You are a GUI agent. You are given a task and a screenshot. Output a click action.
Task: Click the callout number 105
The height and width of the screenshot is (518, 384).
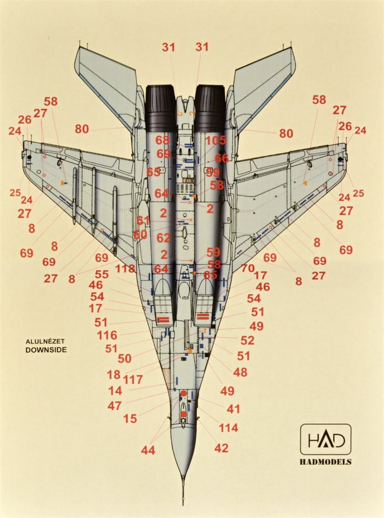click(216, 141)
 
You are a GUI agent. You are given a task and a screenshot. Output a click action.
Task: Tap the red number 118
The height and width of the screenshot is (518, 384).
click(125, 269)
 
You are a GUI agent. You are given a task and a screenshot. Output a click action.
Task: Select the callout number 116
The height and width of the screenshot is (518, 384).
click(107, 336)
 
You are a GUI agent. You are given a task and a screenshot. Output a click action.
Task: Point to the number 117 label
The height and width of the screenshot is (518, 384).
click(133, 380)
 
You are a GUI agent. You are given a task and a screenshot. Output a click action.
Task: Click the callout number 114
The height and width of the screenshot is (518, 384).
click(228, 428)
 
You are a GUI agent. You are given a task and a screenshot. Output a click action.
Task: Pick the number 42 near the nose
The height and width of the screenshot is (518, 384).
click(221, 448)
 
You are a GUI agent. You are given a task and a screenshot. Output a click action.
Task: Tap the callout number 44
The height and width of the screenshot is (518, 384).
click(148, 450)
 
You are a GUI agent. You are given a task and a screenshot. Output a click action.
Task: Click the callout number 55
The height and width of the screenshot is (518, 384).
click(101, 275)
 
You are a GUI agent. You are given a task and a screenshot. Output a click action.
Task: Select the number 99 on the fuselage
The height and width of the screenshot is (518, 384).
click(213, 172)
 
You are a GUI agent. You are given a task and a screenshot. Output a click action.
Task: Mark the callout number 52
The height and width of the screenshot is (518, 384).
click(247, 340)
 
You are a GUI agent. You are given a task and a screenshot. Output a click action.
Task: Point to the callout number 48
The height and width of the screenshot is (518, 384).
click(240, 372)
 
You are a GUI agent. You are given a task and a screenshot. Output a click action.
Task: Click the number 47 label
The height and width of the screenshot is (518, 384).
click(115, 406)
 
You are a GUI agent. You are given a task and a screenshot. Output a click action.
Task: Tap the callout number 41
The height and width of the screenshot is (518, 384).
click(233, 409)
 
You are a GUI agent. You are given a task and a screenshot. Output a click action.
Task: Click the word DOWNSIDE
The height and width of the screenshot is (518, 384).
click(46, 350)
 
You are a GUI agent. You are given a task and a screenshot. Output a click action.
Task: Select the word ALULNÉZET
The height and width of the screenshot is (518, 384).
click(46, 341)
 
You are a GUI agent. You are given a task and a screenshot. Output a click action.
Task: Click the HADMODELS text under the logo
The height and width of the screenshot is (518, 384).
click(325, 462)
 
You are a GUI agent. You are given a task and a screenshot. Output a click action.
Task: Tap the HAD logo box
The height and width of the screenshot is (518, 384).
click(325, 439)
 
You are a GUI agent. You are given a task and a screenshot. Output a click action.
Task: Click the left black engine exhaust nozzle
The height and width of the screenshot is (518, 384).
click(160, 108)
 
